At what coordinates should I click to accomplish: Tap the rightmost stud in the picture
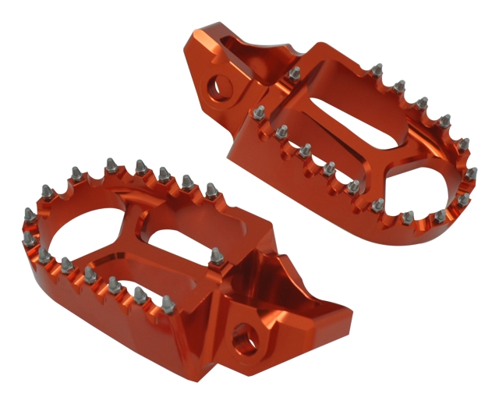(471, 173)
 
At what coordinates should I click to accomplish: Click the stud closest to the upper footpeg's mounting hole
(295, 73)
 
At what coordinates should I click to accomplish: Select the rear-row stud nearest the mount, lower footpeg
(211, 190)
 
